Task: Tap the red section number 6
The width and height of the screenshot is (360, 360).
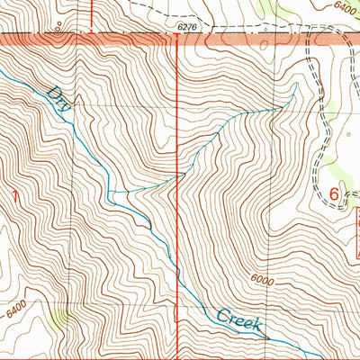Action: pyautogui.click(x=336, y=193)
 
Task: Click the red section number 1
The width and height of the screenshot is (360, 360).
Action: pyautogui.click(x=13, y=196)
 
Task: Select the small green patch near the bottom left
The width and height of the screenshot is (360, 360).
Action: pyautogui.click(x=60, y=316)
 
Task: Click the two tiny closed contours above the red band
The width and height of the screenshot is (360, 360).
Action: pyautogui.click(x=58, y=27)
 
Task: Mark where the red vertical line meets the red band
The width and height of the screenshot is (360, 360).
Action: pyautogui.click(x=178, y=40)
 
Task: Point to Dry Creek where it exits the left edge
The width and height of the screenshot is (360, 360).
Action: pyautogui.click(x=3, y=71)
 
